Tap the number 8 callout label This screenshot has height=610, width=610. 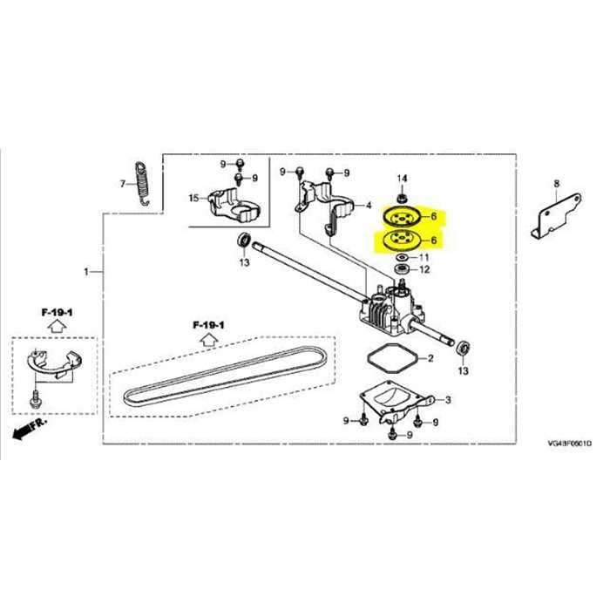click(x=556, y=183)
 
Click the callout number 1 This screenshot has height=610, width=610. click(x=86, y=273)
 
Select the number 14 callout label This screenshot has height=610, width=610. click(x=402, y=178)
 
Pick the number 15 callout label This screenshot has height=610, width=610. click(x=193, y=200)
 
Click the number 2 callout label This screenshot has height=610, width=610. click(x=430, y=359)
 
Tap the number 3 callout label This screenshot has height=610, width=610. click(x=448, y=400)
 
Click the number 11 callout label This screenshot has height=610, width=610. click(x=424, y=258)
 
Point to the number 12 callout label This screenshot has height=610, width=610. click(x=424, y=271)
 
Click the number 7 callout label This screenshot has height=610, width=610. click(x=123, y=184)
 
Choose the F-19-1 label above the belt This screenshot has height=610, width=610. click(x=209, y=325)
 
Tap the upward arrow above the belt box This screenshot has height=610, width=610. click(x=209, y=340)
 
